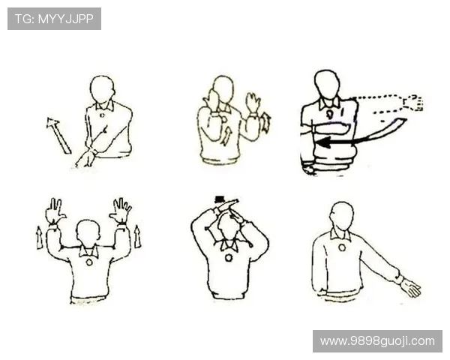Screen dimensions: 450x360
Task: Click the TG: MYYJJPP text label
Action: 54,19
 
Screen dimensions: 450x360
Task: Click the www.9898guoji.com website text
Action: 377,341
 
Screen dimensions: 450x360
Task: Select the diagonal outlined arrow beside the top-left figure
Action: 58,135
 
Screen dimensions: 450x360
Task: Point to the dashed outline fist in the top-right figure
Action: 413,103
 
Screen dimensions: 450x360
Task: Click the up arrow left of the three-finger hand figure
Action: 39,238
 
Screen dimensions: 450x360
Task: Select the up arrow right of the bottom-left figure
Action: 137,236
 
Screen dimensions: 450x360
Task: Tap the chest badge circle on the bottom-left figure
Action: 89,262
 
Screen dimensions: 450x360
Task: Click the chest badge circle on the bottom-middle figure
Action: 229,258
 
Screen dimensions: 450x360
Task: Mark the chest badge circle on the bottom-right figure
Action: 342,247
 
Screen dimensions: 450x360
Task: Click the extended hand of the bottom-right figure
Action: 411,288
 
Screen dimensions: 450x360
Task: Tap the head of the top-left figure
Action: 102,89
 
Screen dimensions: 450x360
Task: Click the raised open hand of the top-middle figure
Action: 253,103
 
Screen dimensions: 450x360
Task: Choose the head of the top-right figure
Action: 327,84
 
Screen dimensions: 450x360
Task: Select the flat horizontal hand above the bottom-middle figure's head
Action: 226,203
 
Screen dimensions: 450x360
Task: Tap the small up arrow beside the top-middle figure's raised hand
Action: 266,123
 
